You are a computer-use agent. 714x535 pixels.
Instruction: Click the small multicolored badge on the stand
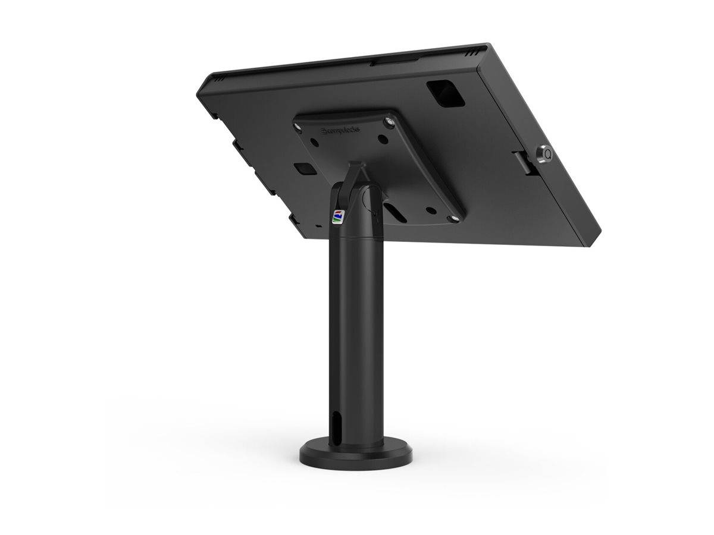(x=337, y=215)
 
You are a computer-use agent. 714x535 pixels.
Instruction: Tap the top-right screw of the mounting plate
(x=390, y=122)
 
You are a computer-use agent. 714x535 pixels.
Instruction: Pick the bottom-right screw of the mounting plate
(x=455, y=219)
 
